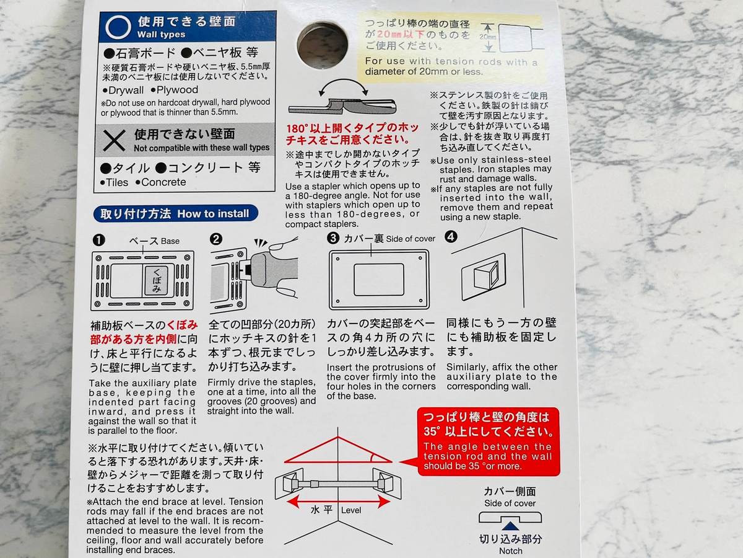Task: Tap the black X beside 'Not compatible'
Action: (x=114, y=140)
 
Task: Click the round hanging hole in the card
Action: (x=322, y=45)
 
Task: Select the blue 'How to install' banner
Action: (x=176, y=213)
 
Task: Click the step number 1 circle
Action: (x=98, y=240)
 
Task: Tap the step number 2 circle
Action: (x=216, y=239)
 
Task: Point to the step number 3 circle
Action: (x=333, y=238)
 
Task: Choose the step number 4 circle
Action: (x=451, y=237)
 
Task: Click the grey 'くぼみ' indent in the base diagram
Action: (x=157, y=280)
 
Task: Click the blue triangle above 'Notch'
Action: (x=510, y=526)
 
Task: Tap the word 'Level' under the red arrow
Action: (x=351, y=510)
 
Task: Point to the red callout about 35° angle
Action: (x=488, y=441)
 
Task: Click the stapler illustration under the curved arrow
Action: (x=342, y=107)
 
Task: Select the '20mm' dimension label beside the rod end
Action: (x=487, y=37)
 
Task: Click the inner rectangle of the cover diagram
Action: (x=379, y=280)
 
